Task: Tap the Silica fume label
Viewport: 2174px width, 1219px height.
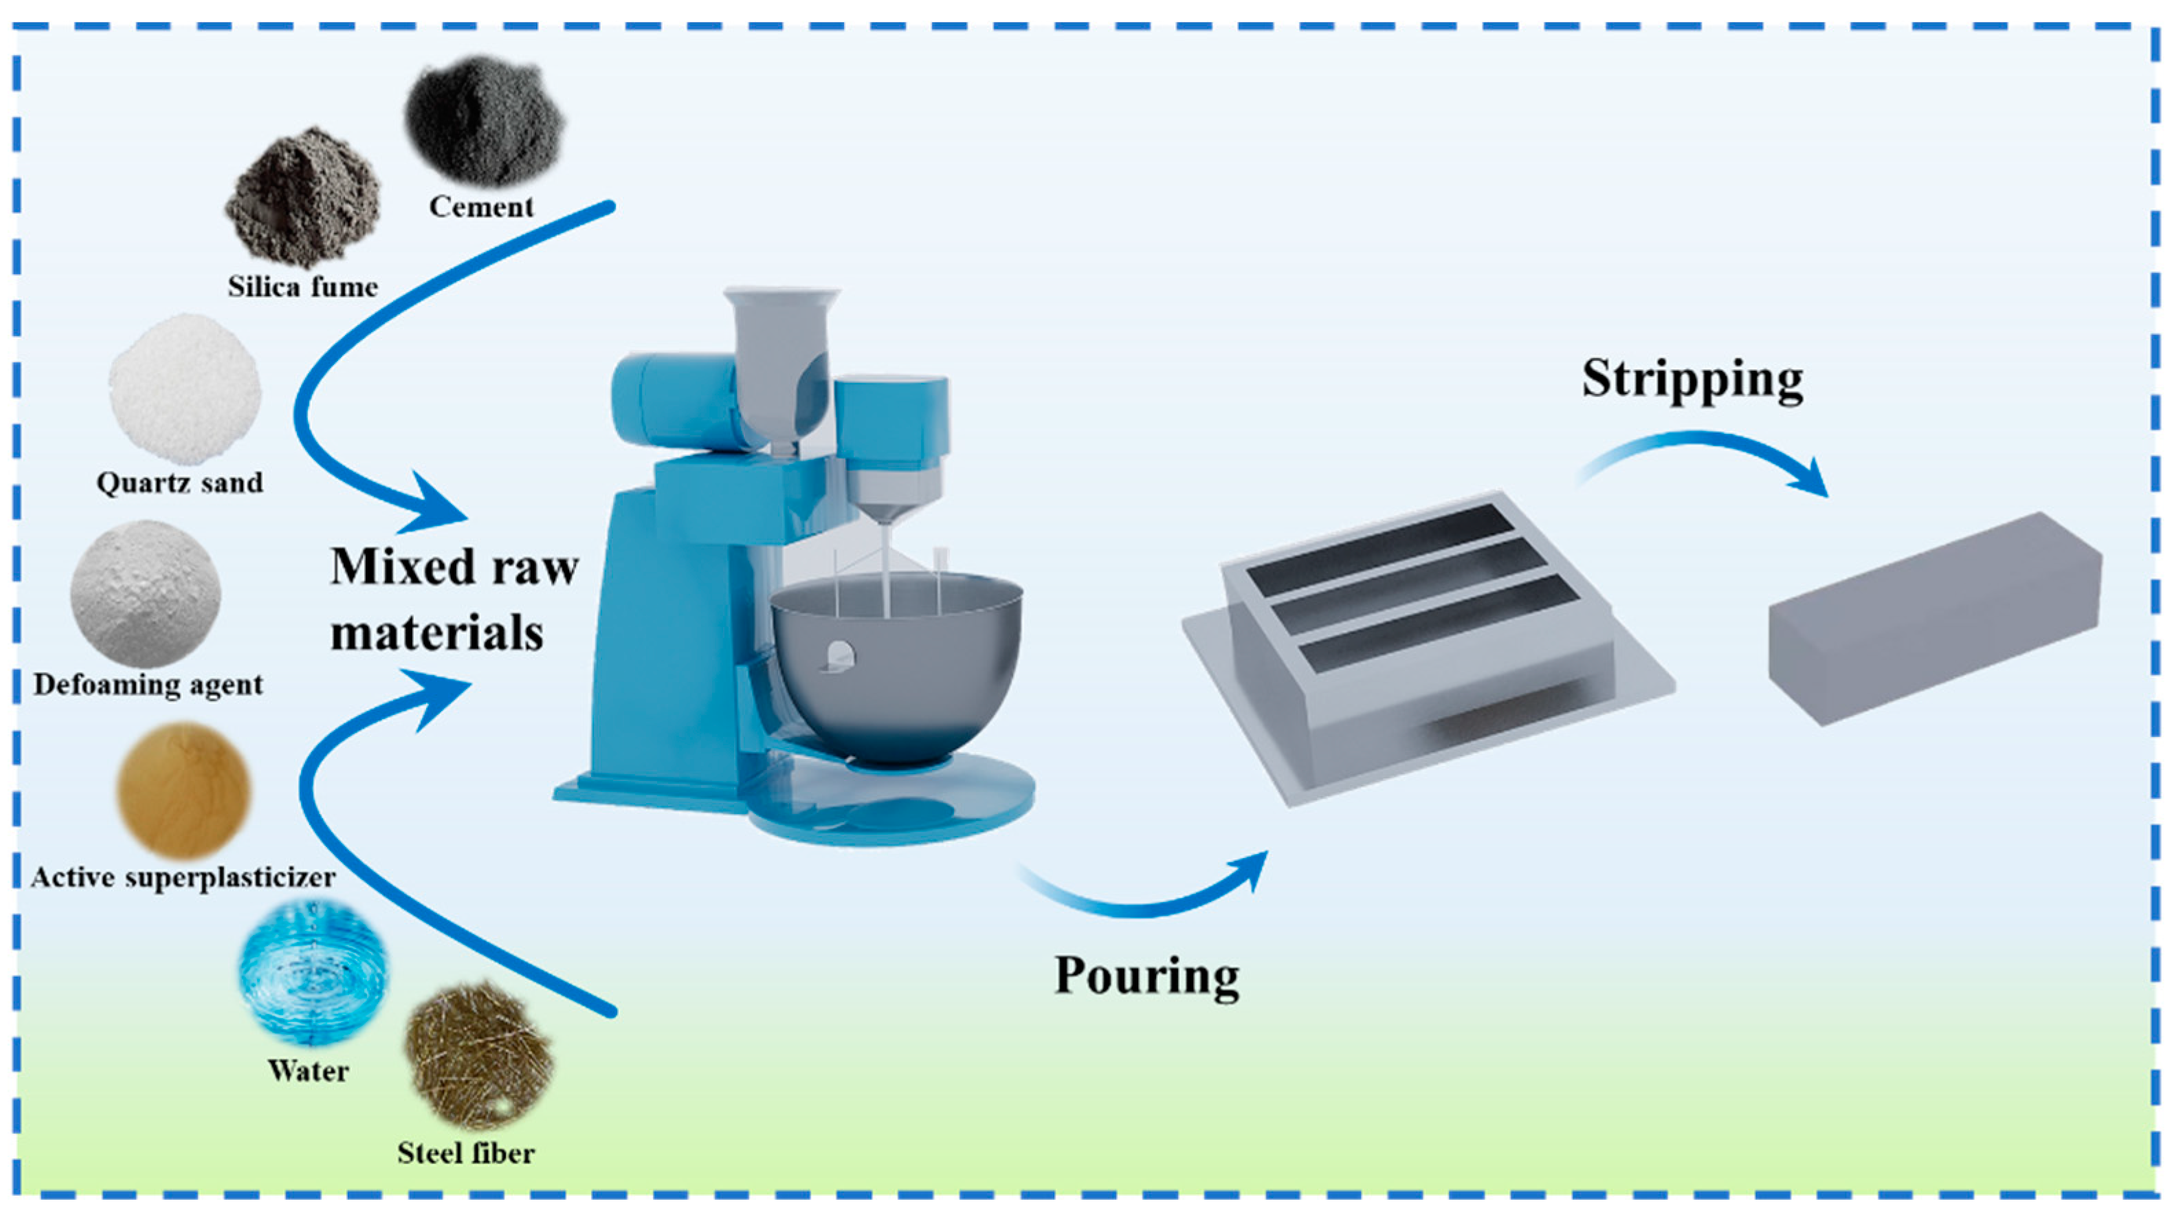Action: tap(302, 287)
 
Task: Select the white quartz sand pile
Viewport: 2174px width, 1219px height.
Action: tap(184, 389)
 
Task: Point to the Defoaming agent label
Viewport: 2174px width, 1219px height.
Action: tap(148, 684)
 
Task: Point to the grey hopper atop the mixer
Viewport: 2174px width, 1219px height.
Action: tap(781, 355)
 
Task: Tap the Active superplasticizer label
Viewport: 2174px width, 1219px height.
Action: tap(183, 878)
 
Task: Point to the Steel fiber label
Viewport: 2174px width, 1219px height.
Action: tap(466, 1154)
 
